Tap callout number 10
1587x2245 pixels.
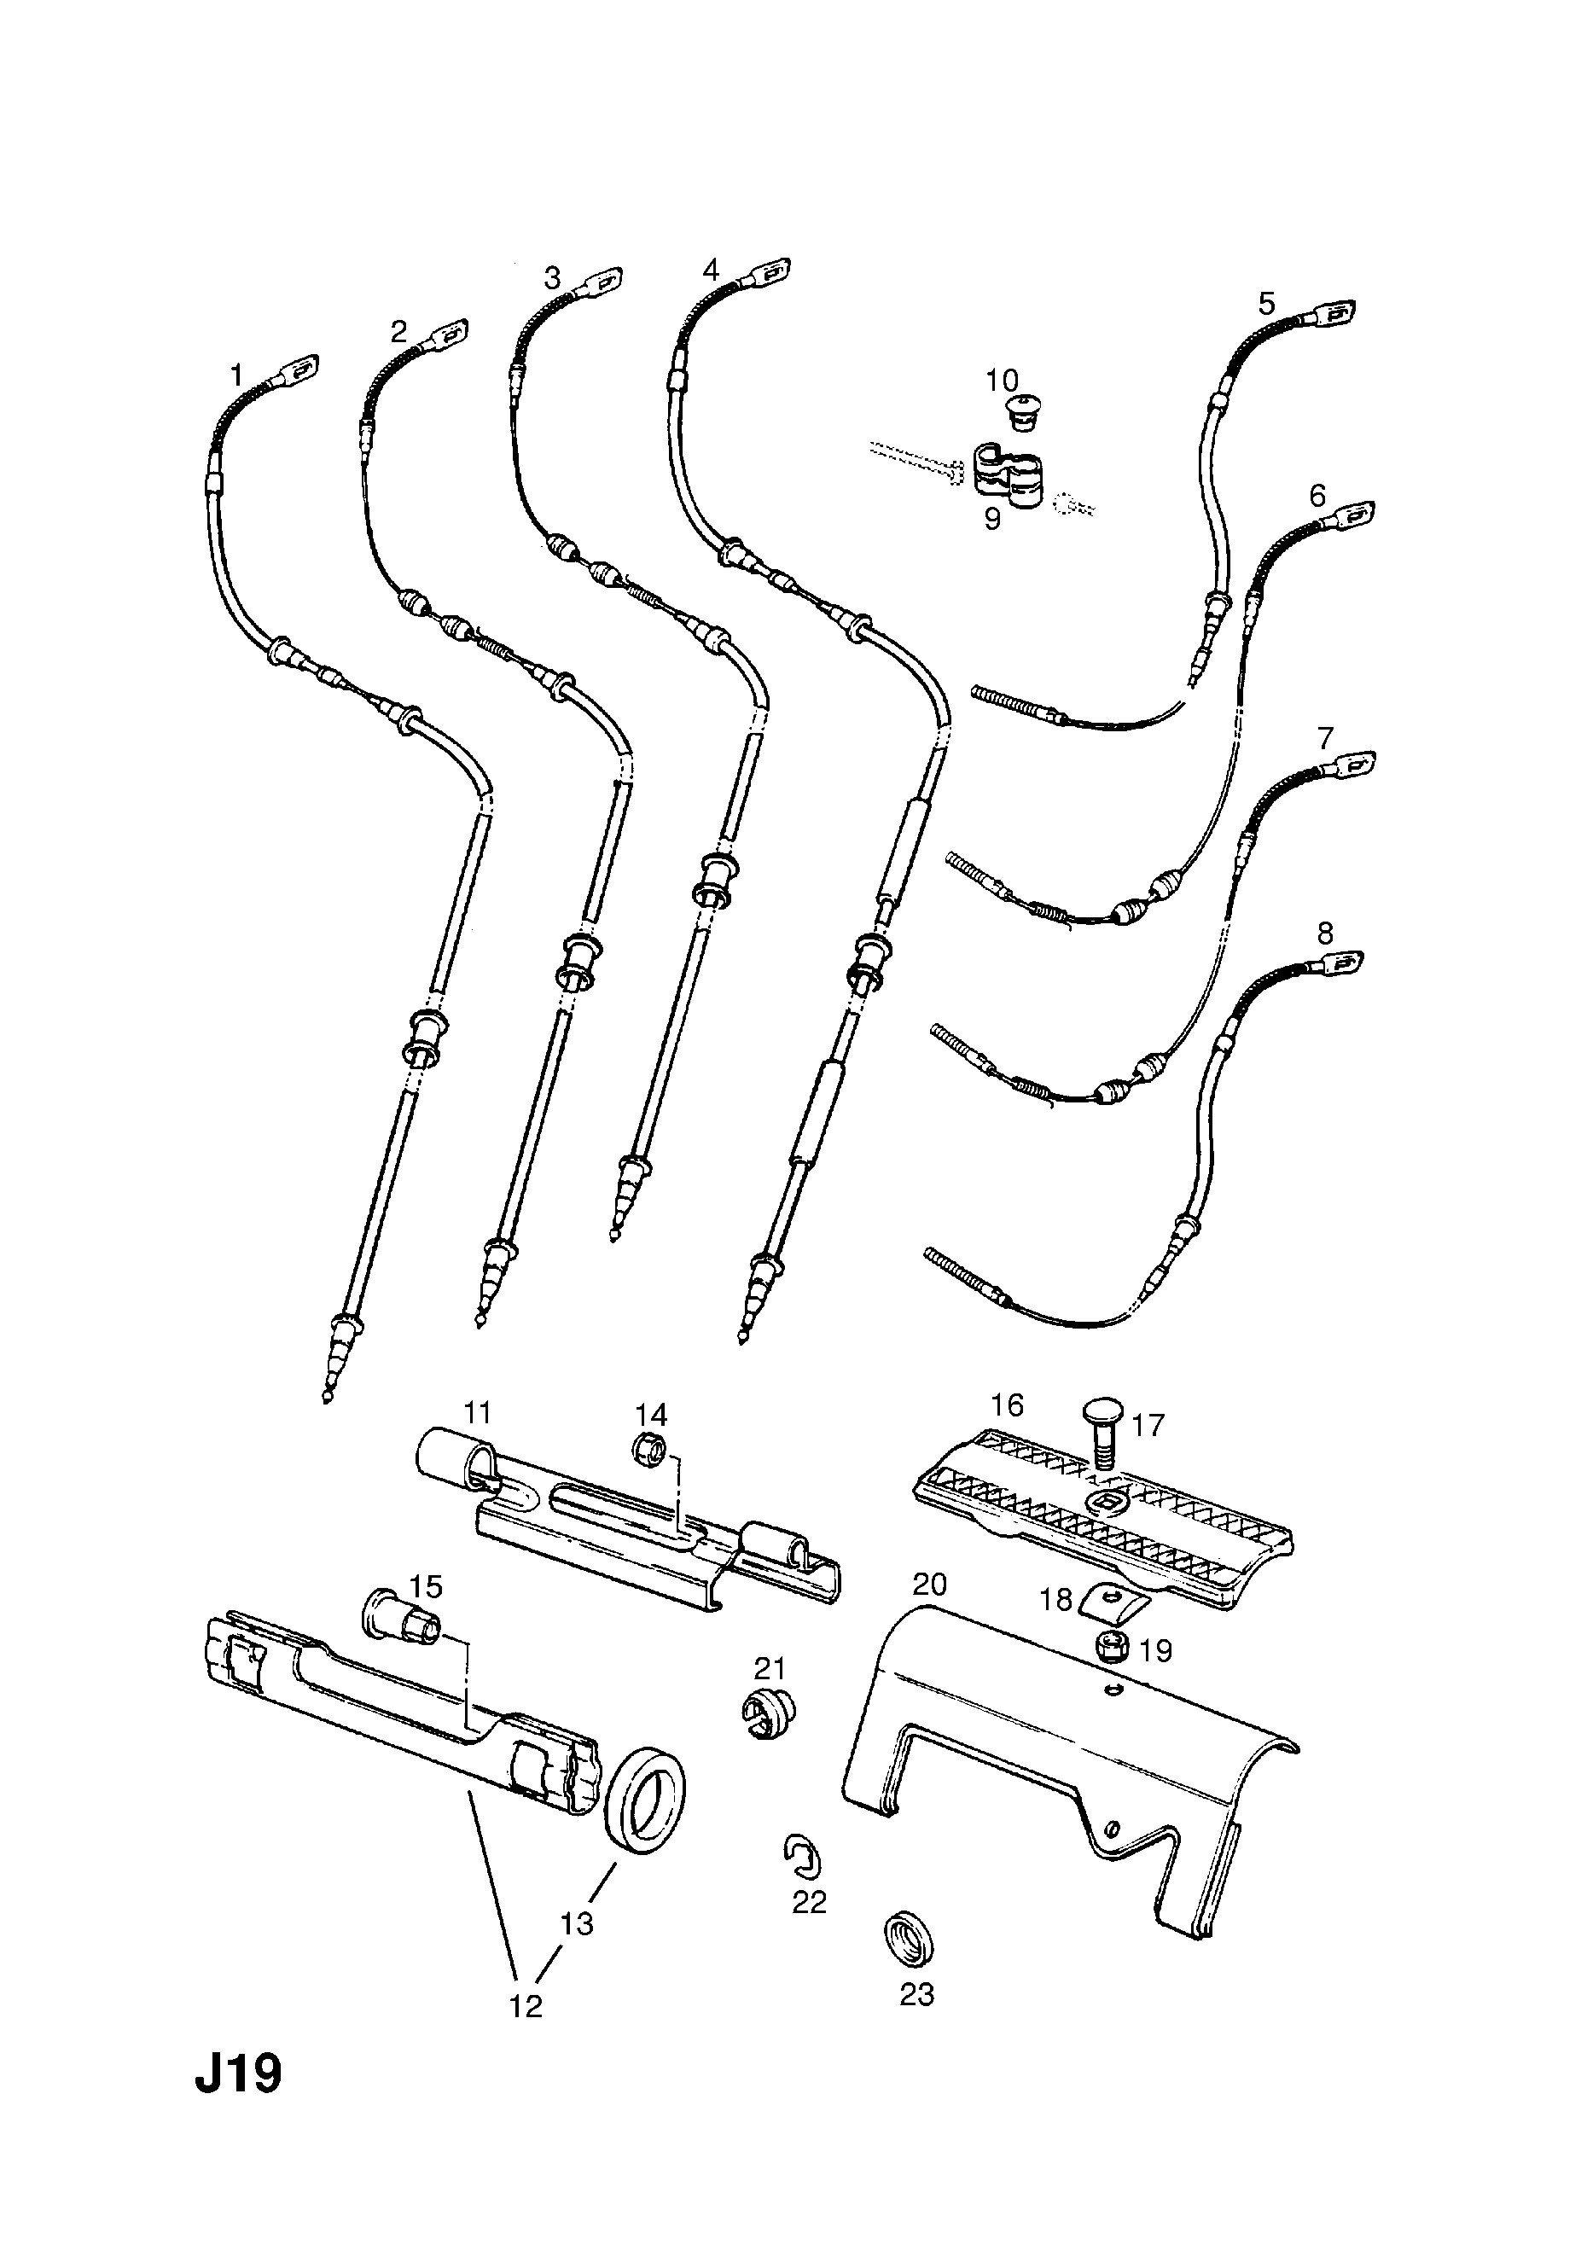pos(1003,381)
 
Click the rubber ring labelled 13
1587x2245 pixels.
pos(645,1797)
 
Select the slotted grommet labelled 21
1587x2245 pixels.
pos(764,1716)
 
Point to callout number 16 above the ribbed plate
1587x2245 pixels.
pos(1006,1406)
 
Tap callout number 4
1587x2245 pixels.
pos(711,269)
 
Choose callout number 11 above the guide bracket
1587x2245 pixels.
pos(477,1413)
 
